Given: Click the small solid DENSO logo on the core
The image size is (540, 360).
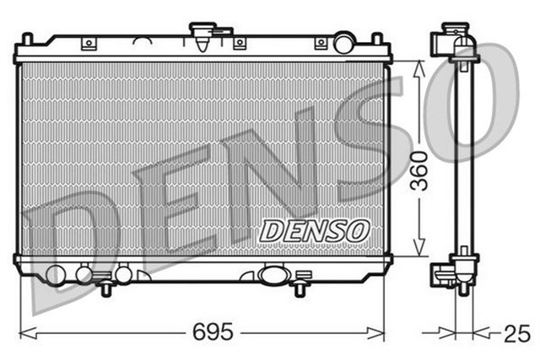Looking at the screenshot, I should pyautogui.click(x=313, y=229).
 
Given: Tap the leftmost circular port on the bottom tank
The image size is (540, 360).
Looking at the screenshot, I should pyautogui.click(x=56, y=275).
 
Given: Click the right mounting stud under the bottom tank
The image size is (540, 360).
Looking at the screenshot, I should pyautogui.click(x=298, y=289).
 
